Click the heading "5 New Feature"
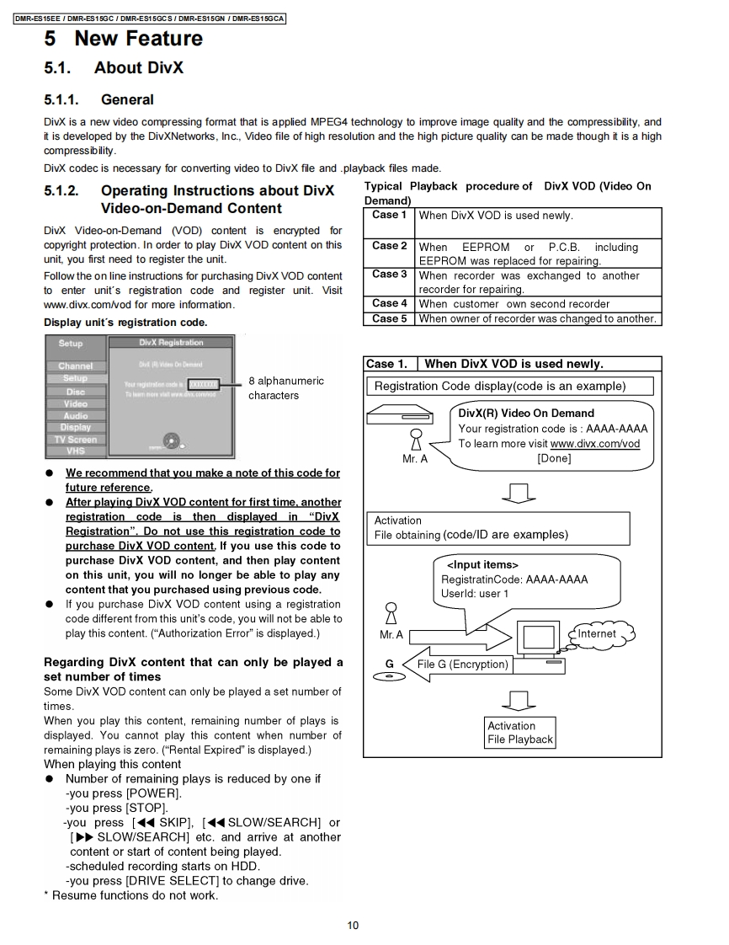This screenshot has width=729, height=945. point(124,39)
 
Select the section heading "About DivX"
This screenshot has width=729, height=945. point(138,68)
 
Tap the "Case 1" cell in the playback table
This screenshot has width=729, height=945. point(389,216)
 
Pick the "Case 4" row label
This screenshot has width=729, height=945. point(389,303)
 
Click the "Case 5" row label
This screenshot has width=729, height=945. point(389,318)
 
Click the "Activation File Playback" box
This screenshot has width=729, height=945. point(520,733)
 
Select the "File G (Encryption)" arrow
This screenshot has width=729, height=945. point(458,665)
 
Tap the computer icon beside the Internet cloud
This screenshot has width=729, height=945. point(538,643)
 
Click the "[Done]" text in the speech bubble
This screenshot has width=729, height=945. point(553,458)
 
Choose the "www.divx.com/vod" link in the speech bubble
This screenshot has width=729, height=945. point(594,444)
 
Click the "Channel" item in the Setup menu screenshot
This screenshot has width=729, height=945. point(76,366)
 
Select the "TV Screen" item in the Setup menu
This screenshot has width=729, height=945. point(76,439)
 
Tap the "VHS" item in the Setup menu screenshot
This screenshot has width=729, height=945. point(76,451)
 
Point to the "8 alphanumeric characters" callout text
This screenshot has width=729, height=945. point(285,388)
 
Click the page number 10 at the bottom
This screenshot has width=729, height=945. point(353,925)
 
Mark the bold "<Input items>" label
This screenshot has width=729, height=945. point(482,564)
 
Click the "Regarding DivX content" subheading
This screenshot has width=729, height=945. point(193,669)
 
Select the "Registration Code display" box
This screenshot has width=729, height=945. point(510,387)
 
